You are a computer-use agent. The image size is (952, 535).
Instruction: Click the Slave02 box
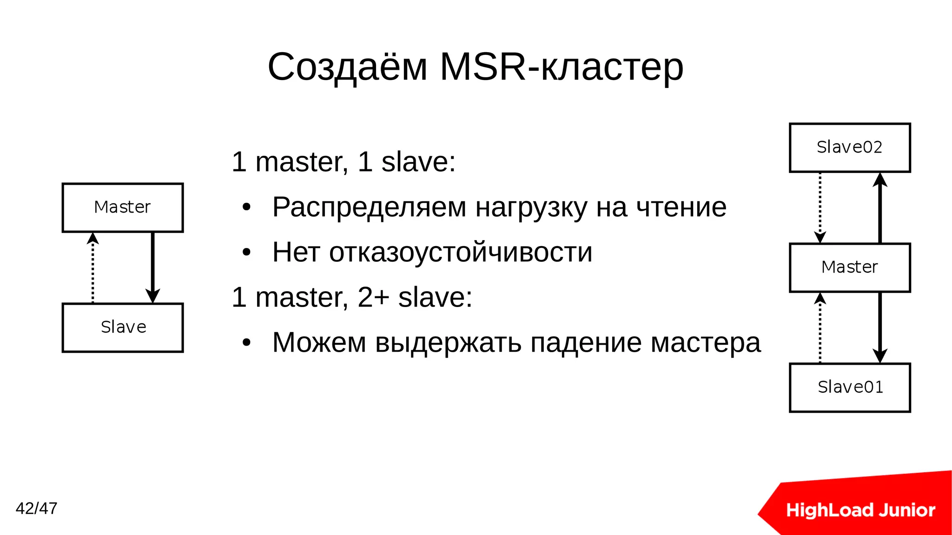tap(850, 147)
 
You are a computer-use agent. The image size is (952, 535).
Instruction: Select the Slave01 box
tap(850, 388)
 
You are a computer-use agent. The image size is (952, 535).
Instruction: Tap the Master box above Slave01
tap(850, 267)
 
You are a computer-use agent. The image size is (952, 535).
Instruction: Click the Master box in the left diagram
tap(123, 207)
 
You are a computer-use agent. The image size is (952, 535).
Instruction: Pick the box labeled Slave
tap(123, 328)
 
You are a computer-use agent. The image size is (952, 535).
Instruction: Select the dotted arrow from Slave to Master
tap(93, 267)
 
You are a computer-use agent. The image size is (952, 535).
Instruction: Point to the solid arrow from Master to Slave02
tap(880, 207)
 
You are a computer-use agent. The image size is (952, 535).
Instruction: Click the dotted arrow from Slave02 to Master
tap(820, 207)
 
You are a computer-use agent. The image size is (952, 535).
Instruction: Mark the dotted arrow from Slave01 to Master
tap(820, 328)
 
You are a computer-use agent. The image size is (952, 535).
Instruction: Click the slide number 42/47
tap(36, 508)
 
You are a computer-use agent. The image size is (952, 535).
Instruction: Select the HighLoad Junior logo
tap(860, 510)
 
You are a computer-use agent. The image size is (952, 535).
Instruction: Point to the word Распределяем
tap(369, 207)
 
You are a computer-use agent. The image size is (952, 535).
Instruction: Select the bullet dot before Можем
tap(246, 343)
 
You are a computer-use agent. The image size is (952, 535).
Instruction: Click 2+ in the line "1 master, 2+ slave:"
tap(373, 297)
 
